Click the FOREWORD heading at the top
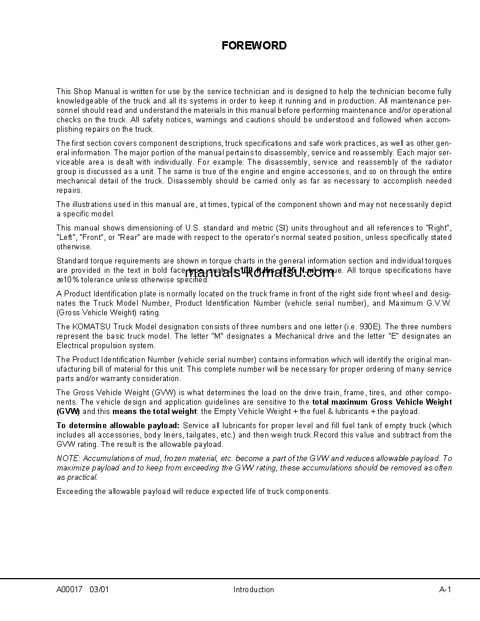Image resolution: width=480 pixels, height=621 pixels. click(x=254, y=45)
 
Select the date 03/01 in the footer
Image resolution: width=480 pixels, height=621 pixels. click(x=99, y=589)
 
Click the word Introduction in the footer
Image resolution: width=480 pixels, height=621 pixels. click(x=254, y=589)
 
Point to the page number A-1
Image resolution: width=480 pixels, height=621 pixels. click(x=445, y=589)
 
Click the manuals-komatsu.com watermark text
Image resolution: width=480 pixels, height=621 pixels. click(x=259, y=273)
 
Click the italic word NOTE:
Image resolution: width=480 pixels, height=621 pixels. click(x=69, y=458)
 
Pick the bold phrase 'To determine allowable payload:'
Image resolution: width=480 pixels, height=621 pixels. click(x=118, y=425)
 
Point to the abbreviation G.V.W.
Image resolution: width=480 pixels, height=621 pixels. click(x=436, y=303)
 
